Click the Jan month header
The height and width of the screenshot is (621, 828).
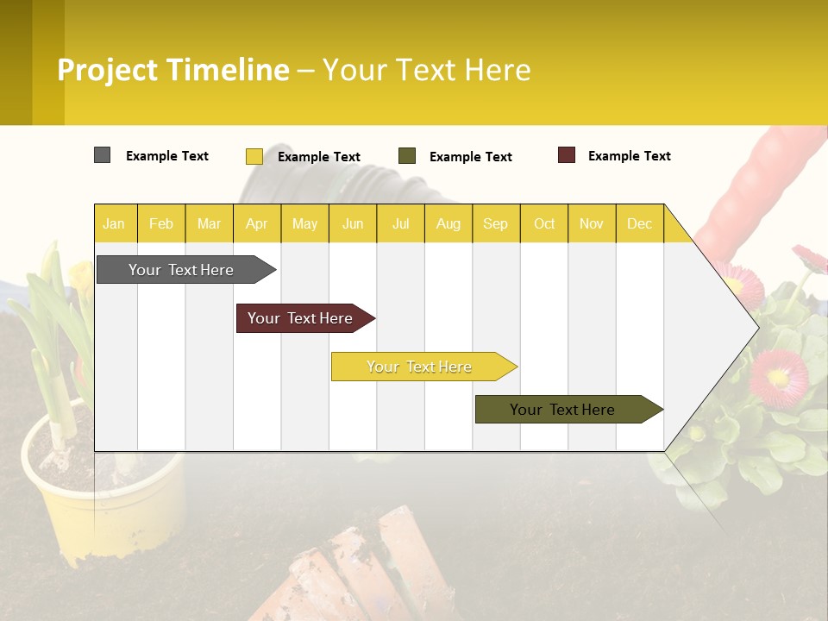[114, 223]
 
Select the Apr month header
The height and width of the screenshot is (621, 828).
[256, 223]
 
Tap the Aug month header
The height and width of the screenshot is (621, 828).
[448, 223]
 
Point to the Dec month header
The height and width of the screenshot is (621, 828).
[639, 223]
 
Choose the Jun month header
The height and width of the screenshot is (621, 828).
[353, 223]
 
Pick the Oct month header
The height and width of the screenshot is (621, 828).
[544, 223]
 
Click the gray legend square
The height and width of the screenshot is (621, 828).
[102, 155]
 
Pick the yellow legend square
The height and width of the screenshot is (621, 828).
[254, 156]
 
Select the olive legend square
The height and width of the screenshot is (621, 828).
[407, 156]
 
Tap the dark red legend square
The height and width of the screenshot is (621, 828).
[566, 155]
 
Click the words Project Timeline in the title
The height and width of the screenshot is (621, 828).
[173, 70]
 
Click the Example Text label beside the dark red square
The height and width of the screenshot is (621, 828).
[629, 156]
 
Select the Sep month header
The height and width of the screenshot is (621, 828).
[495, 223]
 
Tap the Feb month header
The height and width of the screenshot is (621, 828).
[161, 223]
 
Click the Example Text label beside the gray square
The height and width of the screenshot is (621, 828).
[167, 156]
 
